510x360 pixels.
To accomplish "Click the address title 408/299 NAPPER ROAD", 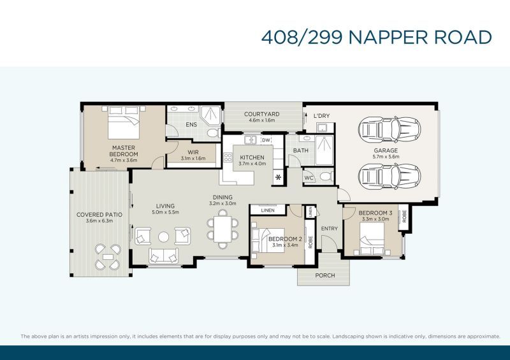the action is click(x=376, y=37).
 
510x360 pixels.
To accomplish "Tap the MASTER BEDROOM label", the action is click(x=124, y=151).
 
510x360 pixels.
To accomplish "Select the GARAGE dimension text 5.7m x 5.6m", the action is click(x=386, y=156).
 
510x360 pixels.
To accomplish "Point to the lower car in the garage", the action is click(x=390, y=176).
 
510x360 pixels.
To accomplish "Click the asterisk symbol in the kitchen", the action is click(x=279, y=177).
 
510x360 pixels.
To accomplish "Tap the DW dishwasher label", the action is click(x=266, y=140).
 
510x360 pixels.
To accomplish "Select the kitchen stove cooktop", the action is click(x=228, y=158).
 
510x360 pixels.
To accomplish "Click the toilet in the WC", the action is click(x=326, y=176).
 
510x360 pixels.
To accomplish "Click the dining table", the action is click(x=222, y=229).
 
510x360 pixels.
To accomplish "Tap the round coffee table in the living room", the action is click(x=163, y=236).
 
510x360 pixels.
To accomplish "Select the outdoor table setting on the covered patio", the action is click(x=108, y=257).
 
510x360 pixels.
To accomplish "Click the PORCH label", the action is click(x=325, y=275).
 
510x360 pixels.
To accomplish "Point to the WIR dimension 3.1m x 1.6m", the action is click(x=193, y=159).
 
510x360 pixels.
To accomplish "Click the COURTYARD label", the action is click(x=262, y=114).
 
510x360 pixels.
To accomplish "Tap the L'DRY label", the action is click(x=322, y=116).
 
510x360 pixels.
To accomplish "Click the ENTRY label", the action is click(x=330, y=229).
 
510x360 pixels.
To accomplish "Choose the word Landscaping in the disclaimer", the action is click(x=347, y=336).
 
